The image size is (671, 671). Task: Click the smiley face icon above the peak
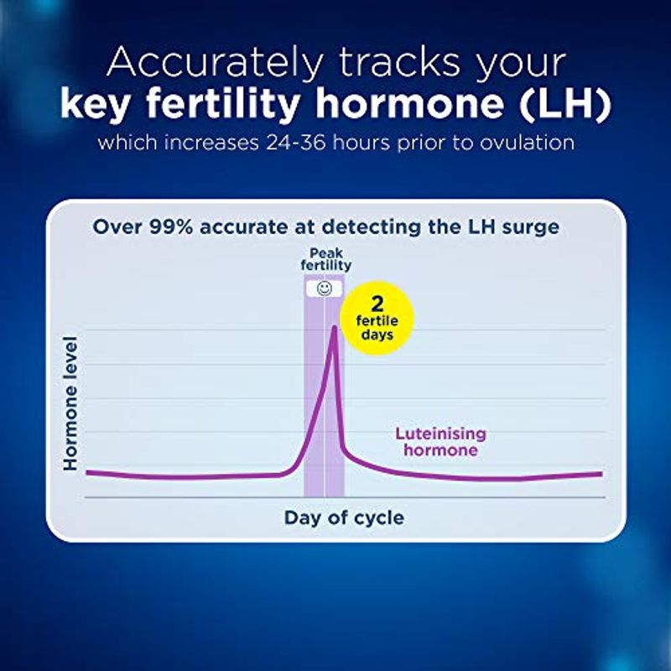click(325, 289)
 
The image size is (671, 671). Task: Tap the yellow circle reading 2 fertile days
click(377, 318)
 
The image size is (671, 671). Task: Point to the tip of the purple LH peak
click(334, 327)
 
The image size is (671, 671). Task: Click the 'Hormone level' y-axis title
click(70, 403)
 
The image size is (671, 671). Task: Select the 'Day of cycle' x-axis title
click(344, 518)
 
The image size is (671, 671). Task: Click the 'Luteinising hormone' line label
click(440, 442)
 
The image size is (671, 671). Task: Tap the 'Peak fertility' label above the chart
click(326, 259)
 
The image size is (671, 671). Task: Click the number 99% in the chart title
click(171, 226)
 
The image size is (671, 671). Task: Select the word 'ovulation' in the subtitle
click(527, 143)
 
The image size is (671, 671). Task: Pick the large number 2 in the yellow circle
click(377, 304)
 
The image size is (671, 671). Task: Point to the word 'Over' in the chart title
click(117, 226)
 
